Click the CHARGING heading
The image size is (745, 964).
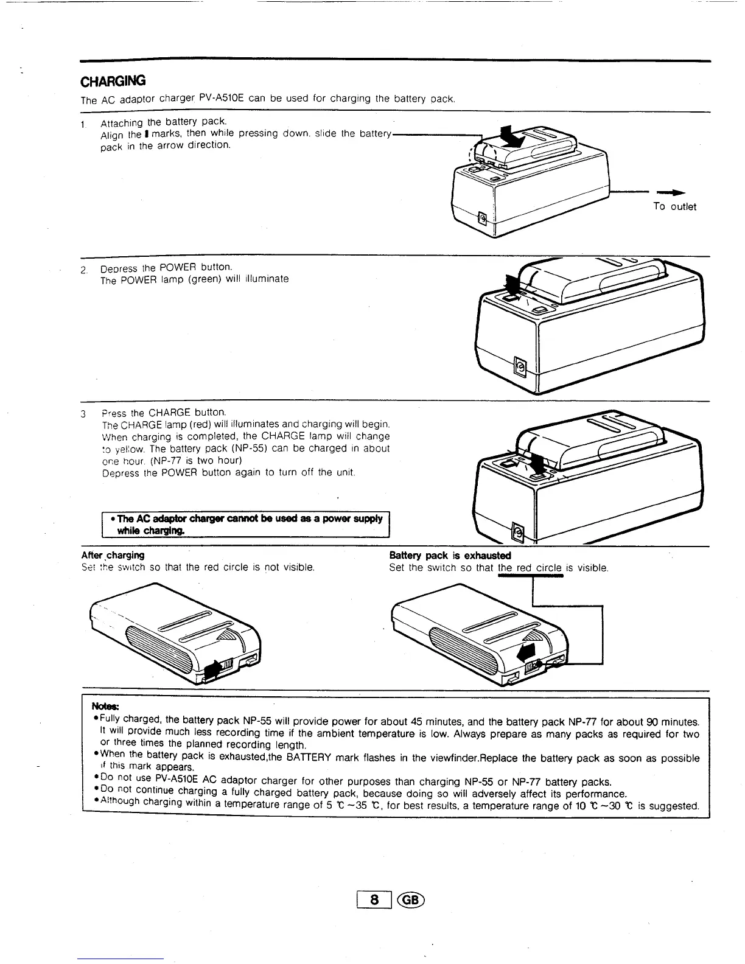coord(113,81)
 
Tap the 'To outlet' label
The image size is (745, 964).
coord(674,206)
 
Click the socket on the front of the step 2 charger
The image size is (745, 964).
coord(520,366)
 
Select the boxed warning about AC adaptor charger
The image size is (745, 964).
coord(245,525)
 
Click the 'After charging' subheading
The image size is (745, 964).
coord(113,555)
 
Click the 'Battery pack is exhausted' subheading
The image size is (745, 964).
coord(450,555)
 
